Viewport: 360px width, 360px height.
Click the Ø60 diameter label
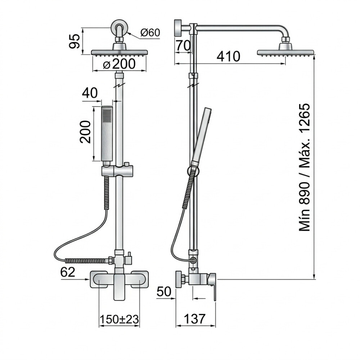(150, 33)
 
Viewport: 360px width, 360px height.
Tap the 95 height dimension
(75, 41)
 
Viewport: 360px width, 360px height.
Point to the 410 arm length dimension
(229, 57)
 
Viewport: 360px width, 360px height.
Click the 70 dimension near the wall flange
(183, 45)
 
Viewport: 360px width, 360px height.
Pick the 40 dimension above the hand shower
(90, 93)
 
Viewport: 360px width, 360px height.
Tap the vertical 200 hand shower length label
(85, 132)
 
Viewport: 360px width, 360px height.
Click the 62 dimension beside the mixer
(68, 272)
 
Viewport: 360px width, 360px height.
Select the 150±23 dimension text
(120, 319)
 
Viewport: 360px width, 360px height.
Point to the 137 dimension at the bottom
(194, 319)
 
